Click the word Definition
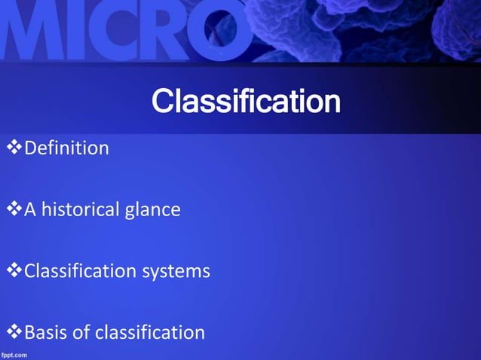coord(66,148)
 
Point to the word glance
coord(152,209)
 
